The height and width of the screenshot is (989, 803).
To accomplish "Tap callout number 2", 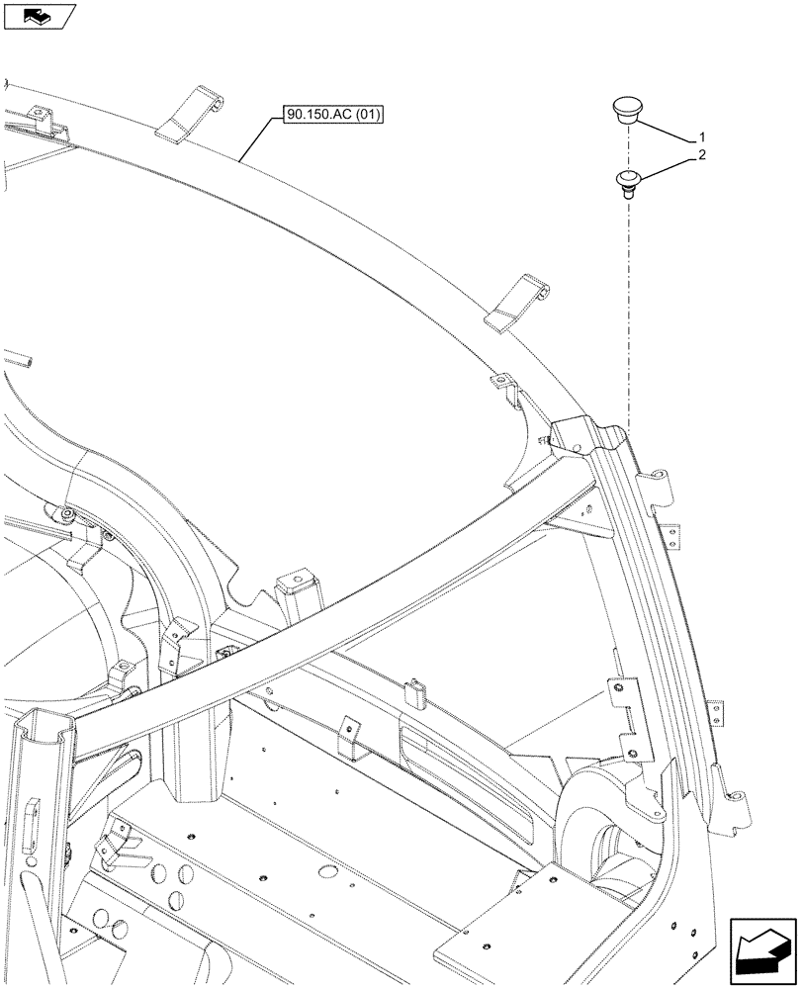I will [x=701, y=155].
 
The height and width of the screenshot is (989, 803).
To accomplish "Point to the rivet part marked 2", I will [x=627, y=183].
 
